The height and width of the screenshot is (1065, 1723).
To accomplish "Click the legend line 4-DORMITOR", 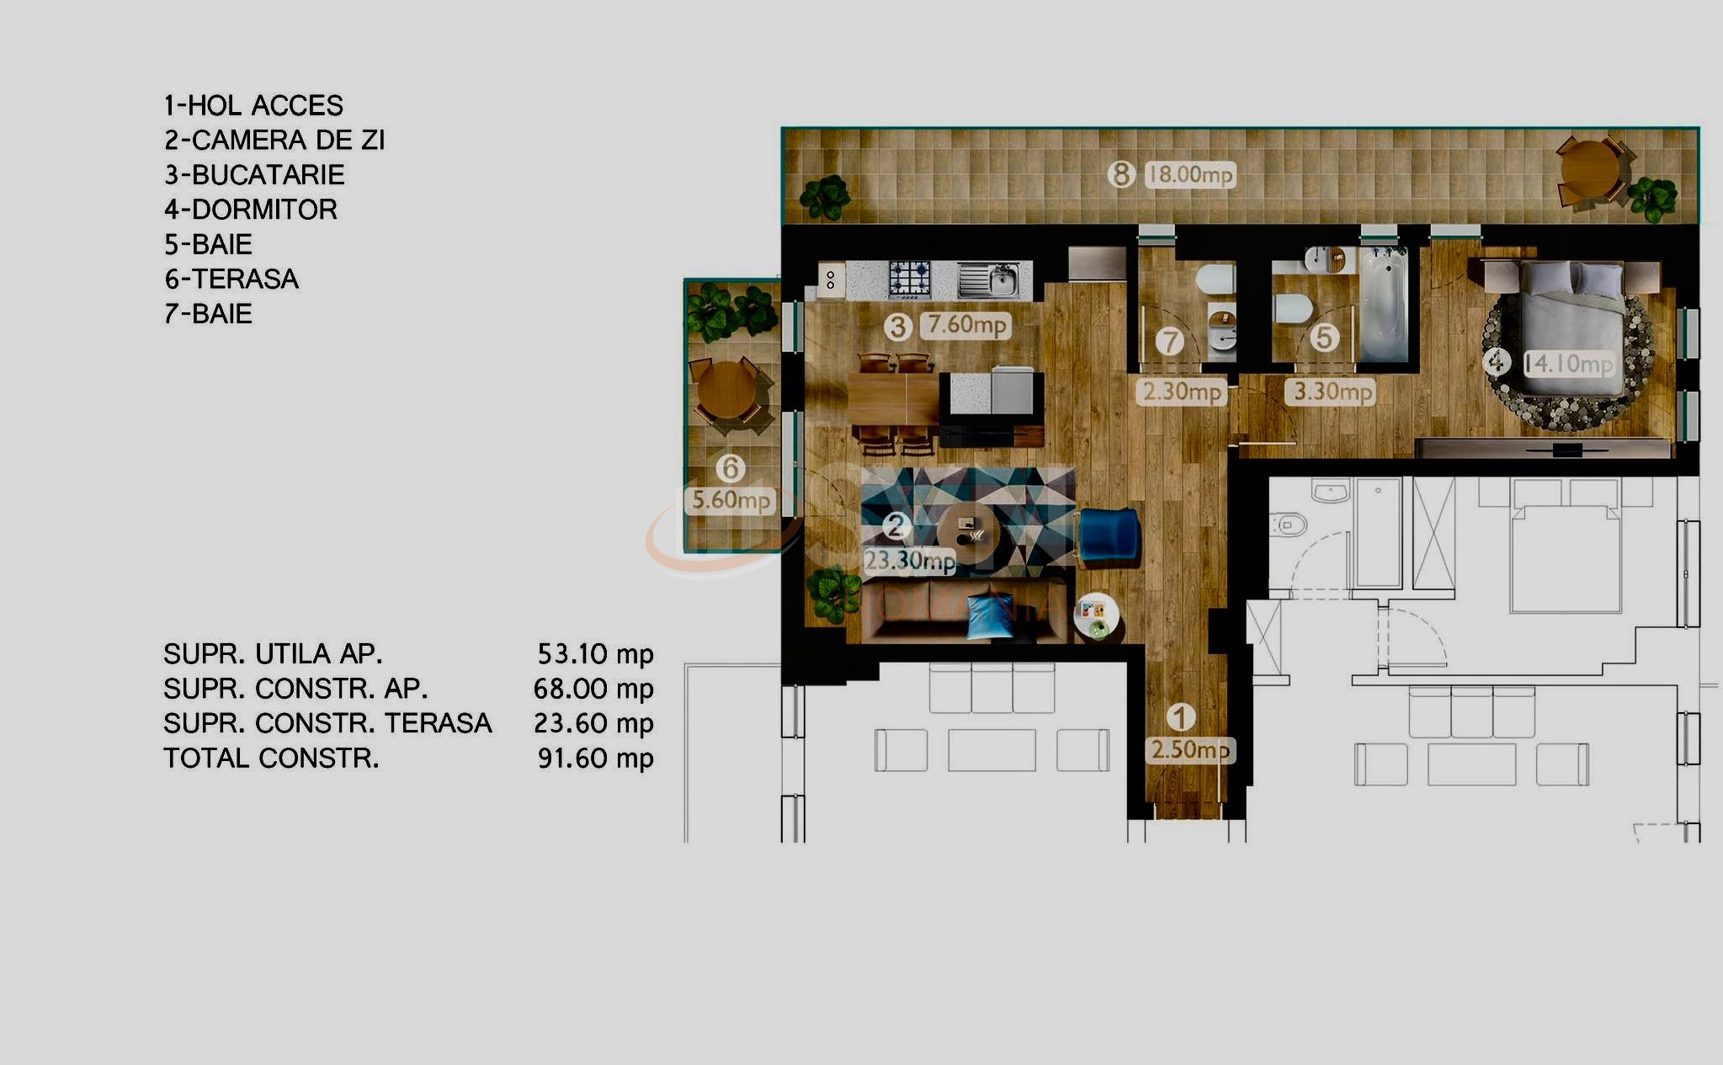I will (251, 210).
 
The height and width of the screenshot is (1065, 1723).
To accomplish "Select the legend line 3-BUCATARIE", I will (254, 175).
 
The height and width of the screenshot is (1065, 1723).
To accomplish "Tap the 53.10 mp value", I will (595, 654).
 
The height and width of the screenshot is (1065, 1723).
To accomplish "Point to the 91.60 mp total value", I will (595, 759).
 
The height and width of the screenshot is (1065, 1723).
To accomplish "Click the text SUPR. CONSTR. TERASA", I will (327, 723).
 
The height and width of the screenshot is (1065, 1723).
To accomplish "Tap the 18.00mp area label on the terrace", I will (1190, 175).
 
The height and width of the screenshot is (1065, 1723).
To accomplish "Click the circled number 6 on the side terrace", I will (730, 467).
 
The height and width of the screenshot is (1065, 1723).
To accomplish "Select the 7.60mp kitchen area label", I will (966, 325).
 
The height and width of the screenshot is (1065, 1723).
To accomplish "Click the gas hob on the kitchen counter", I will (910, 278).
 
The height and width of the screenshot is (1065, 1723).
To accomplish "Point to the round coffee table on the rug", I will (969, 534).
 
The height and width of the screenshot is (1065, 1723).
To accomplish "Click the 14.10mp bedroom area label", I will (1569, 365).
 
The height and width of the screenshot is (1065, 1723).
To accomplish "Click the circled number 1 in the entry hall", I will (1181, 717).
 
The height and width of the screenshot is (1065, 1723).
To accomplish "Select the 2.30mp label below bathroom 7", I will (1182, 392).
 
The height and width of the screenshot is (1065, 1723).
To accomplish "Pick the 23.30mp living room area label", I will (909, 561).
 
